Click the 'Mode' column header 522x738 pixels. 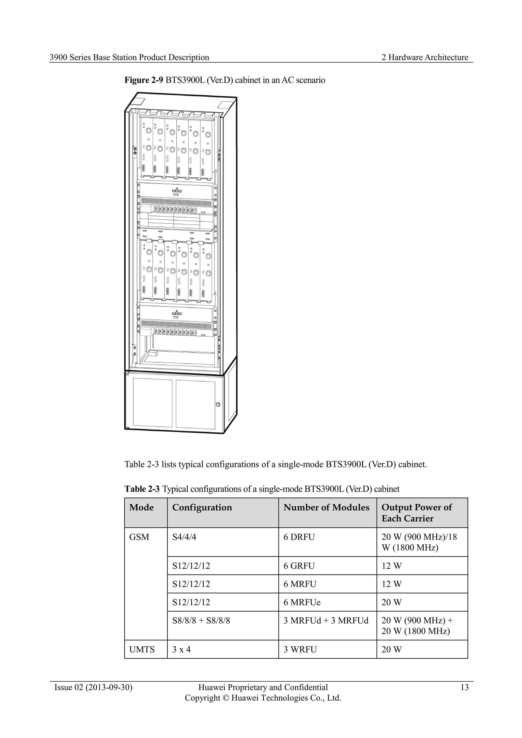[x=141, y=507]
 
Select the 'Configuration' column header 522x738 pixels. [x=202, y=507]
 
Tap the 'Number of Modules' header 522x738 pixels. [x=326, y=507]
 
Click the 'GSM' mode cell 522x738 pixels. [x=139, y=537]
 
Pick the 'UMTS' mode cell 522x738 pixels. [x=142, y=650]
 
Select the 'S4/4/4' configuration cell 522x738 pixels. [x=184, y=537]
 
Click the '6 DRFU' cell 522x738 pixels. [x=299, y=537]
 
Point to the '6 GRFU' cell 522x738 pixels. [x=299, y=566]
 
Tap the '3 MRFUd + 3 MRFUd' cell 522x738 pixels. [x=326, y=621]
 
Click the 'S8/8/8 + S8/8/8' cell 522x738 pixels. [x=201, y=621]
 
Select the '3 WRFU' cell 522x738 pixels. [x=300, y=650]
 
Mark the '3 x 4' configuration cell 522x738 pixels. [x=181, y=650]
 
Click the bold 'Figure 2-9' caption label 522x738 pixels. [x=144, y=80]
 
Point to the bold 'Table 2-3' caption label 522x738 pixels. [x=142, y=489]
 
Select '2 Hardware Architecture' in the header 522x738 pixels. [x=425, y=58]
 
